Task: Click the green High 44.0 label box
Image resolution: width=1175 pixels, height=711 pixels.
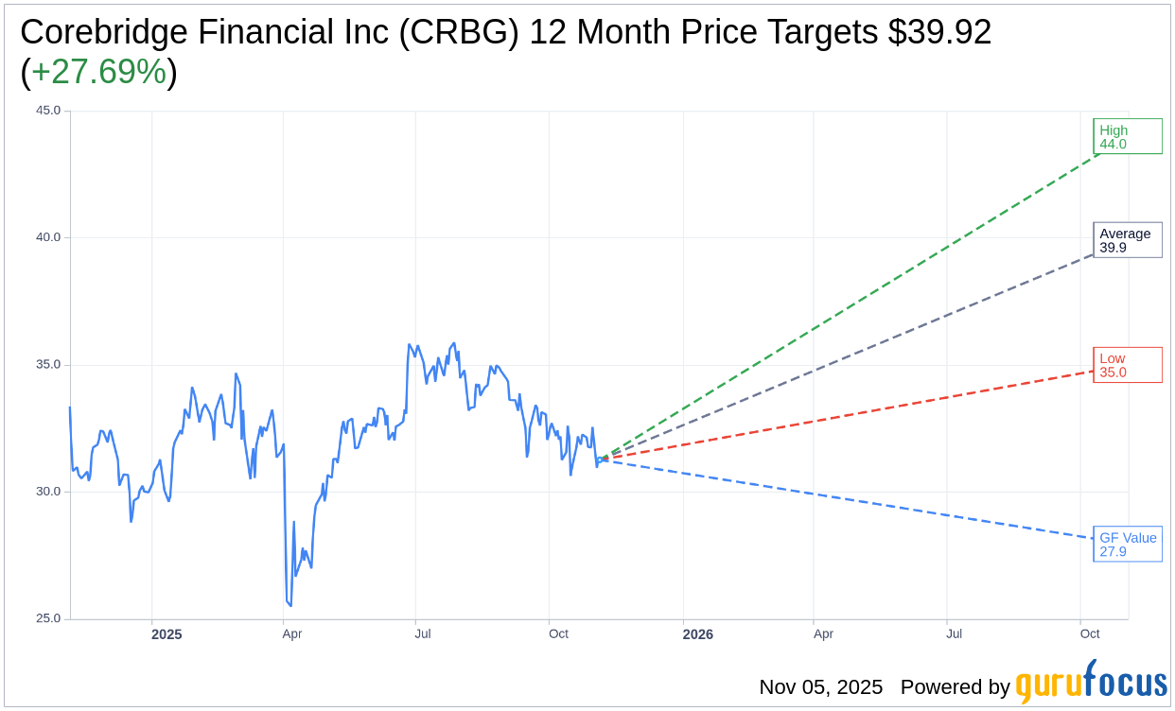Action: point(1127,137)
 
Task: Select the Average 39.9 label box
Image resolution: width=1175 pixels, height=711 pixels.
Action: point(1127,240)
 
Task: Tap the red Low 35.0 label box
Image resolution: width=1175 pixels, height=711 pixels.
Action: point(1127,365)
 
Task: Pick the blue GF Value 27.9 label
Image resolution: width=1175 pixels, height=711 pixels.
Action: point(1127,545)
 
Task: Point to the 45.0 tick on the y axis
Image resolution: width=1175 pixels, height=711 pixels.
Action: point(48,111)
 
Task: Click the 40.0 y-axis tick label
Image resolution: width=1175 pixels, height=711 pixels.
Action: point(48,237)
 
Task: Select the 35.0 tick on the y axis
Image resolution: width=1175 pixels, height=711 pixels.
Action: point(48,364)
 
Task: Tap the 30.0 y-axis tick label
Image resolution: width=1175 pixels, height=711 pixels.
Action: point(48,492)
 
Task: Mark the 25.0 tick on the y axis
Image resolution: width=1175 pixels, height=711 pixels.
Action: point(48,618)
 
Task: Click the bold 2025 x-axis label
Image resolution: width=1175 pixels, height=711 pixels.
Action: point(167,634)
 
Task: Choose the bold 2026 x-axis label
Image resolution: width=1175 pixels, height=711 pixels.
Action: point(698,634)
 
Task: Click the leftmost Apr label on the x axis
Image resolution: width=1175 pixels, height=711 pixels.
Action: point(291,634)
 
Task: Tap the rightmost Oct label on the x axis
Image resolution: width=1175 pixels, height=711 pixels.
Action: point(1090,634)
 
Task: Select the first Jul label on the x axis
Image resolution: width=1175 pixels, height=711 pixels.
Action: point(423,634)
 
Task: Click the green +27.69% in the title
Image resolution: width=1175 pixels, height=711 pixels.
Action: point(98,72)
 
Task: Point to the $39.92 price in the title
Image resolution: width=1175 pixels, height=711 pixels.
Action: point(939,32)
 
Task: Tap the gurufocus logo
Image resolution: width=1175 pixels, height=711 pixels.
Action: point(1091,683)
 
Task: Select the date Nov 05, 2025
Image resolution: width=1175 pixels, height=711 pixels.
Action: point(820,687)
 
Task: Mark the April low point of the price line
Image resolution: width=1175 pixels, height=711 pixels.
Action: point(290,606)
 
